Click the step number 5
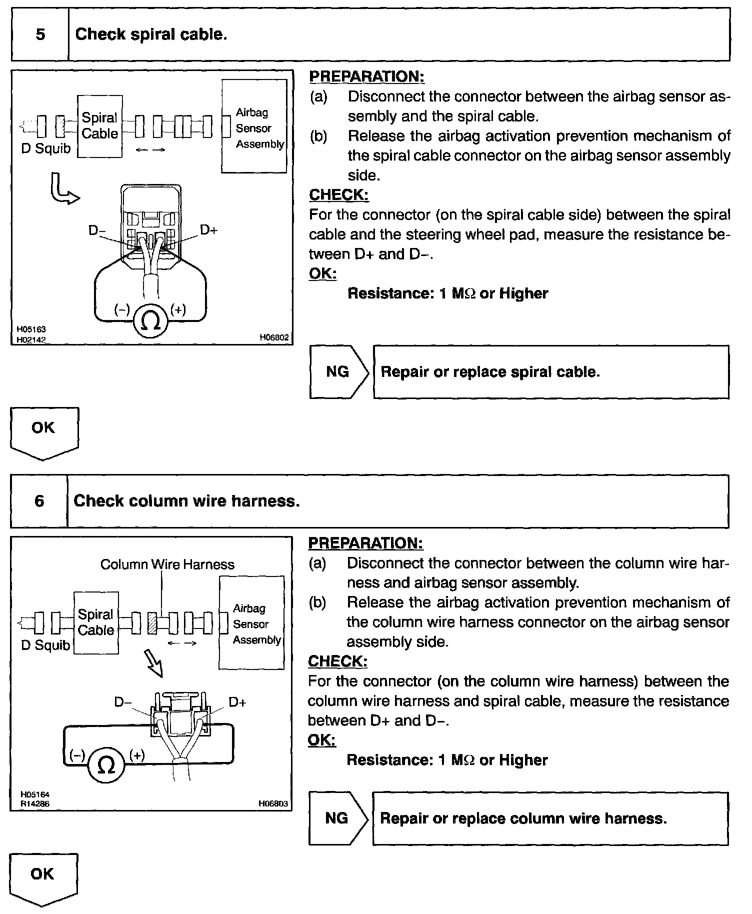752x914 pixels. click(40, 34)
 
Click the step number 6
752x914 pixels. click(39, 500)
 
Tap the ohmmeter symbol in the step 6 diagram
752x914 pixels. click(106, 765)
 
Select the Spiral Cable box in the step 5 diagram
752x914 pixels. click(100, 126)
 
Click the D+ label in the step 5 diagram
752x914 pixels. click(209, 230)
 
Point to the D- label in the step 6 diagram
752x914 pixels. click(123, 702)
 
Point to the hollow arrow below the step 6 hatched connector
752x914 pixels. click(156, 663)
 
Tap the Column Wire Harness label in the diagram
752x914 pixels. click(167, 564)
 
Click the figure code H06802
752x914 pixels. click(274, 337)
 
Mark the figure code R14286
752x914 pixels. click(35, 804)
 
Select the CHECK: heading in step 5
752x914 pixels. click(339, 194)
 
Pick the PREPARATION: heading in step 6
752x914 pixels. click(365, 543)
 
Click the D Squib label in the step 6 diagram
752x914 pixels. click(45, 645)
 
